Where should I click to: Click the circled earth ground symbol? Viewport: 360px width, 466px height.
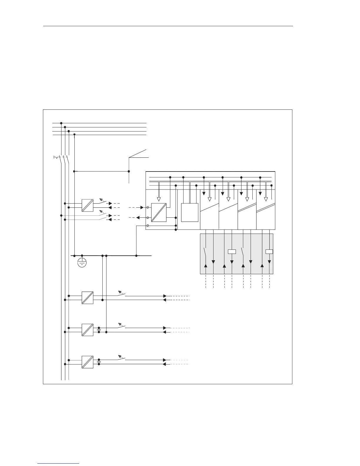(x=82, y=263)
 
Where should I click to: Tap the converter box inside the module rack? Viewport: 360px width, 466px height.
(x=159, y=212)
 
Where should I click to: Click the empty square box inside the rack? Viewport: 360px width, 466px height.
(x=189, y=212)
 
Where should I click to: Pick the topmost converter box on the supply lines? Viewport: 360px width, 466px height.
(x=87, y=205)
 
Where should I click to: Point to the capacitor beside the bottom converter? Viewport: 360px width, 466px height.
(x=99, y=362)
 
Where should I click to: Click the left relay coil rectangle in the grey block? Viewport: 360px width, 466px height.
(x=232, y=252)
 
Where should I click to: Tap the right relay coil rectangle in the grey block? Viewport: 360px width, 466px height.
(x=269, y=252)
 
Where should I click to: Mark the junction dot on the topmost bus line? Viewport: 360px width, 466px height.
(x=61, y=123)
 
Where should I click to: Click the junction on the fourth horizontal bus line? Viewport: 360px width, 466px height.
(x=74, y=134)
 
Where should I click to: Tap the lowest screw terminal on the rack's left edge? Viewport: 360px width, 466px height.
(x=148, y=226)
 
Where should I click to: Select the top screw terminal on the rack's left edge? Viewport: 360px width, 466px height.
(x=148, y=207)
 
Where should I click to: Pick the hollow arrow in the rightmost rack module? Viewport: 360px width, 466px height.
(x=266, y=199)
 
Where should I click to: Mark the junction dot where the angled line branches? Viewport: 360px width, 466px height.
(x=129, y=171)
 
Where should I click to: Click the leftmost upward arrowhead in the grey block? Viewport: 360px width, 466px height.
(x=206, y=266)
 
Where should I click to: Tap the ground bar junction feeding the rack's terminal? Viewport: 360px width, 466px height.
(x=136, y=256)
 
